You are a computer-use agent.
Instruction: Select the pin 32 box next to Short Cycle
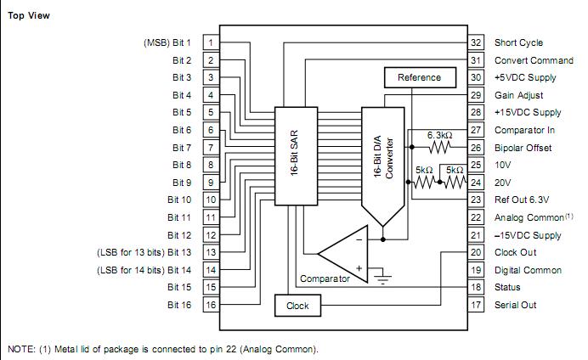click(x=477, y=42)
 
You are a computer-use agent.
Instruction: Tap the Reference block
click(x=419, y=77)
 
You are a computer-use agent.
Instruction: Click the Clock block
click(x=297, y=306)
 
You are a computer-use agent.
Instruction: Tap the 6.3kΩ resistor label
click(x=443, y=135)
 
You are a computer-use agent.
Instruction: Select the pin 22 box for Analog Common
click(x=477, y=217)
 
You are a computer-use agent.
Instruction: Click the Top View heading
click(x=29, y=16)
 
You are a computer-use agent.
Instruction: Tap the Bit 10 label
click(x=180, y=200)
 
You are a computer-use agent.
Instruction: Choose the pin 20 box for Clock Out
click(x=477, y=252)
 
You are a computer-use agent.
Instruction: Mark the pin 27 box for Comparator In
click(x=477, y=130)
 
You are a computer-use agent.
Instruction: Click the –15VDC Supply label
click(x=528, y=235)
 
